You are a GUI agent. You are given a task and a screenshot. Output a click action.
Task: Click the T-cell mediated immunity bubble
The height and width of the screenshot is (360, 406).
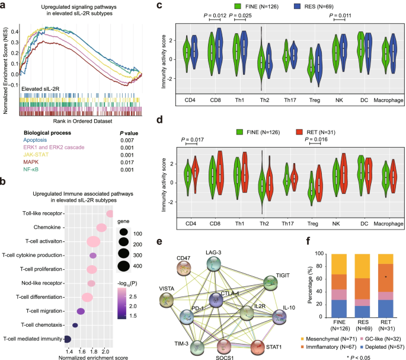click(67, 339)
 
